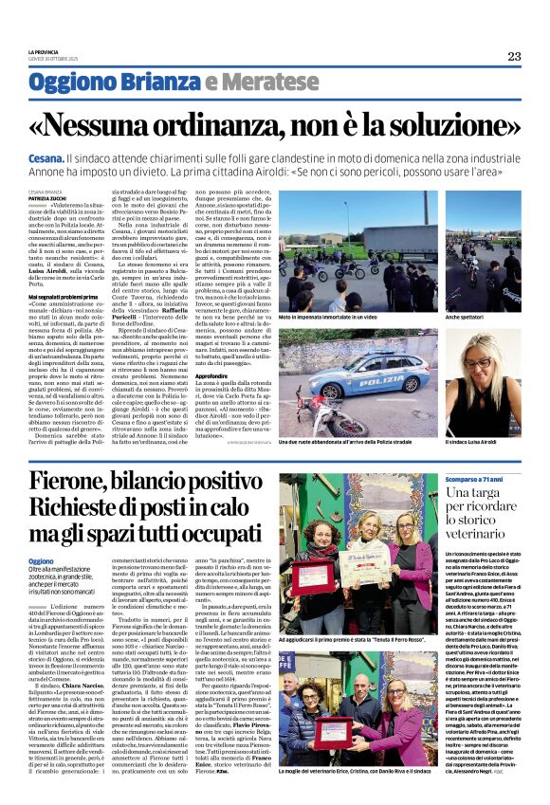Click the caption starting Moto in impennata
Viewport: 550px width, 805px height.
click(x=327, y=319)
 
